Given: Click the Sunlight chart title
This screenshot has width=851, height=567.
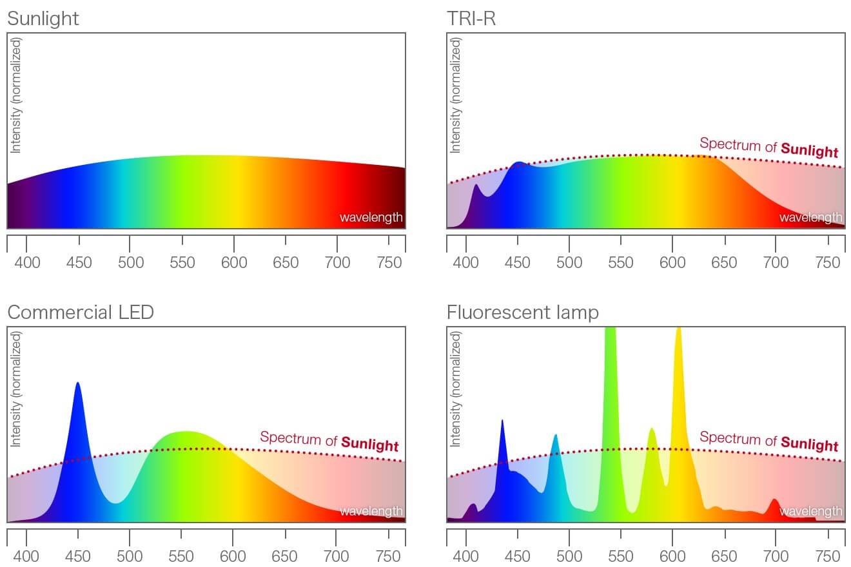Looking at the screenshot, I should pos(43,19).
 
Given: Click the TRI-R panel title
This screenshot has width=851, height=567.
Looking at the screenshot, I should pos(471,19).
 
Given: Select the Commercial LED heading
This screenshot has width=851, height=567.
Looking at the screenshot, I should pos(81,312).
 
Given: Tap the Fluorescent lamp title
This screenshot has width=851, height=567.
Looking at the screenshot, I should pos(522,312).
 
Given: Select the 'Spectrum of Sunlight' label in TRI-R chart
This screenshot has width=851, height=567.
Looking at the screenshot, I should pos(768,148).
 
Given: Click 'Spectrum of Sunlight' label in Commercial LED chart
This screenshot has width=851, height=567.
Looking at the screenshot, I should pos(329,441).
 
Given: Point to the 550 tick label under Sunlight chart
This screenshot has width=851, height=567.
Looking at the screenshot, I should pos(182,263).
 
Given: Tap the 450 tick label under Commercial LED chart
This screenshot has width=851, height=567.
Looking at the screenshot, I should pos(78,557).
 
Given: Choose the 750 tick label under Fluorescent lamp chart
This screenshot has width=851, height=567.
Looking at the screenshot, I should pos(828,557).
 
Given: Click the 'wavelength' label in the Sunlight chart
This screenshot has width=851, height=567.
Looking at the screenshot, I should pos(371,218).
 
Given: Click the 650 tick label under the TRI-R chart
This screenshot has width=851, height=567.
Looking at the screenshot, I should pos(725,263).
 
